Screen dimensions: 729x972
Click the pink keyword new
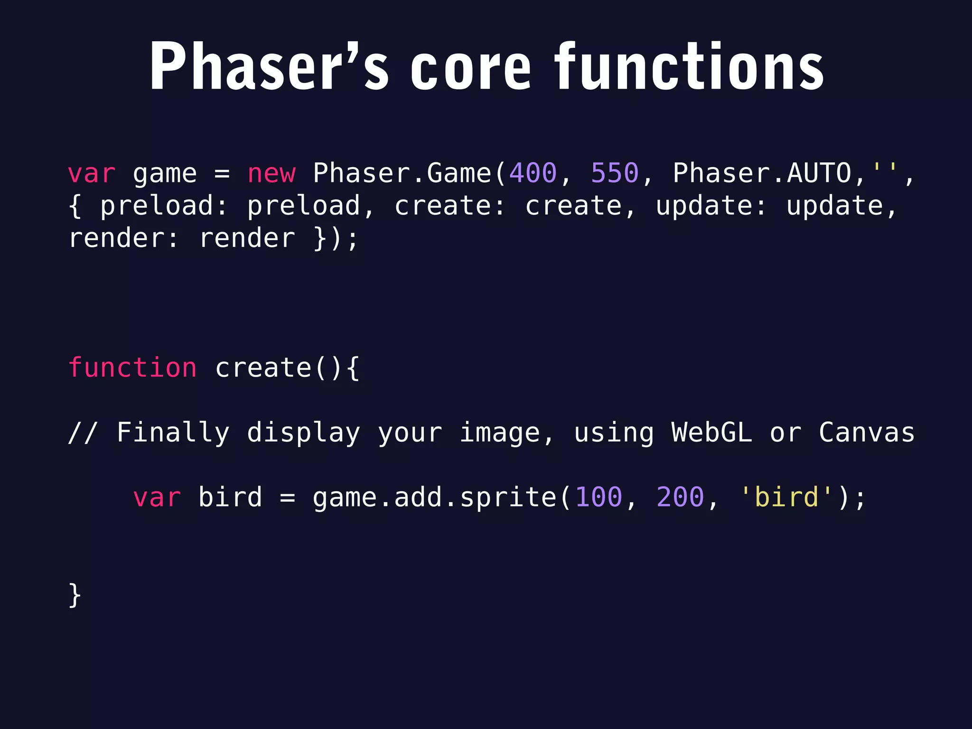pyautogui.click(x=271, y=173)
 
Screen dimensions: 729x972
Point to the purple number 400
pyautogui.click(x=533, y=173)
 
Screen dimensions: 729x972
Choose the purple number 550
pyautogui.click(x=615, y=173)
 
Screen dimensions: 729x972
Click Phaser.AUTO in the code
pyautogui.click(x=762, y=173)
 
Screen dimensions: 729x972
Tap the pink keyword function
pyautogui.click(x=132, y=368)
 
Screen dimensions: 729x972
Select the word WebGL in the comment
pyautogui.click(x=712, y=432)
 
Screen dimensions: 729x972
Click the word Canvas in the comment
pyautogui.click(x=867, y=432)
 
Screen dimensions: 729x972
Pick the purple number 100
pyautogui.click(x=598, y=497)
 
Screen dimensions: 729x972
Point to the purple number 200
pyautogui.click(x=680, y=497)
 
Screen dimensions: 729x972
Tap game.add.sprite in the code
pyautogui.click(x=434, y=497)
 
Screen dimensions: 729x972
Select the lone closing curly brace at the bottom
pyautogui.click(x=75, y=595)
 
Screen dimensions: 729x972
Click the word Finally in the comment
pyautogui.click(x=173, y=432)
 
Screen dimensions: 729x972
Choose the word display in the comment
pyautogui.click(x=304, y=432)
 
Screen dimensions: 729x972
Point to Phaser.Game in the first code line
pyautogui.click(x=402, y=173)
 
